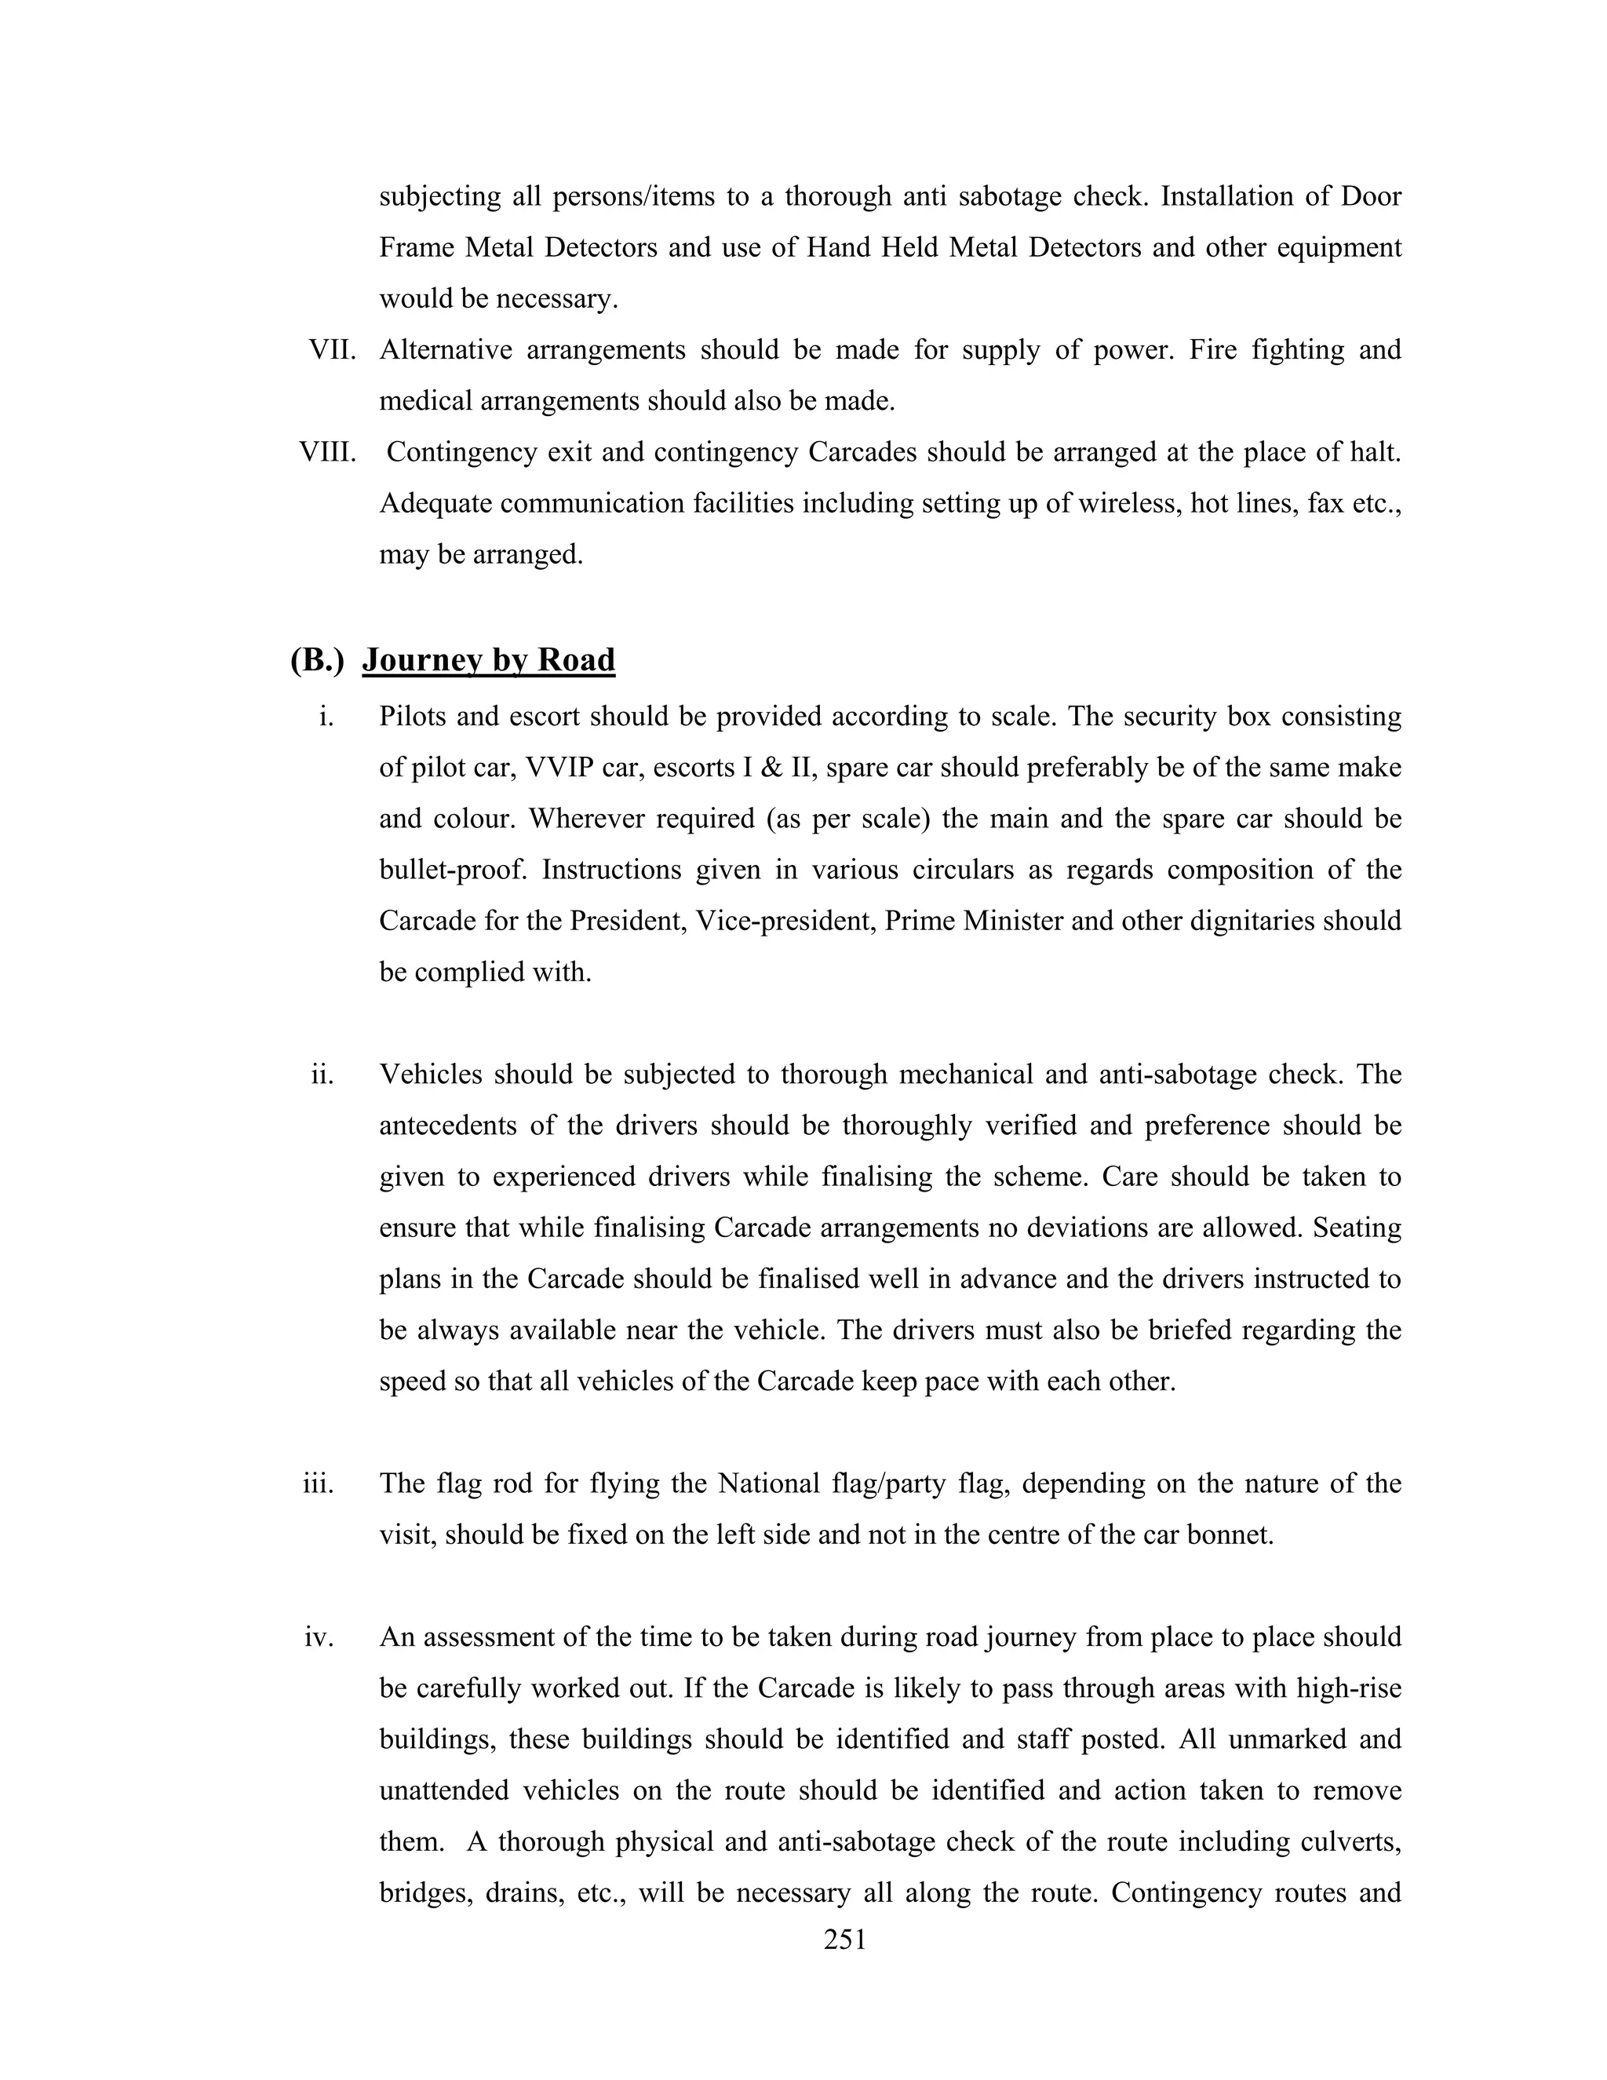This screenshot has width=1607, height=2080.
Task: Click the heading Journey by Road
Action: (x=488, y=659)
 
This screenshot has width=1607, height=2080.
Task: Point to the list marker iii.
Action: (x=318, y=1483)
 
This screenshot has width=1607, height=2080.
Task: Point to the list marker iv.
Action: (x=318, y=1637)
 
